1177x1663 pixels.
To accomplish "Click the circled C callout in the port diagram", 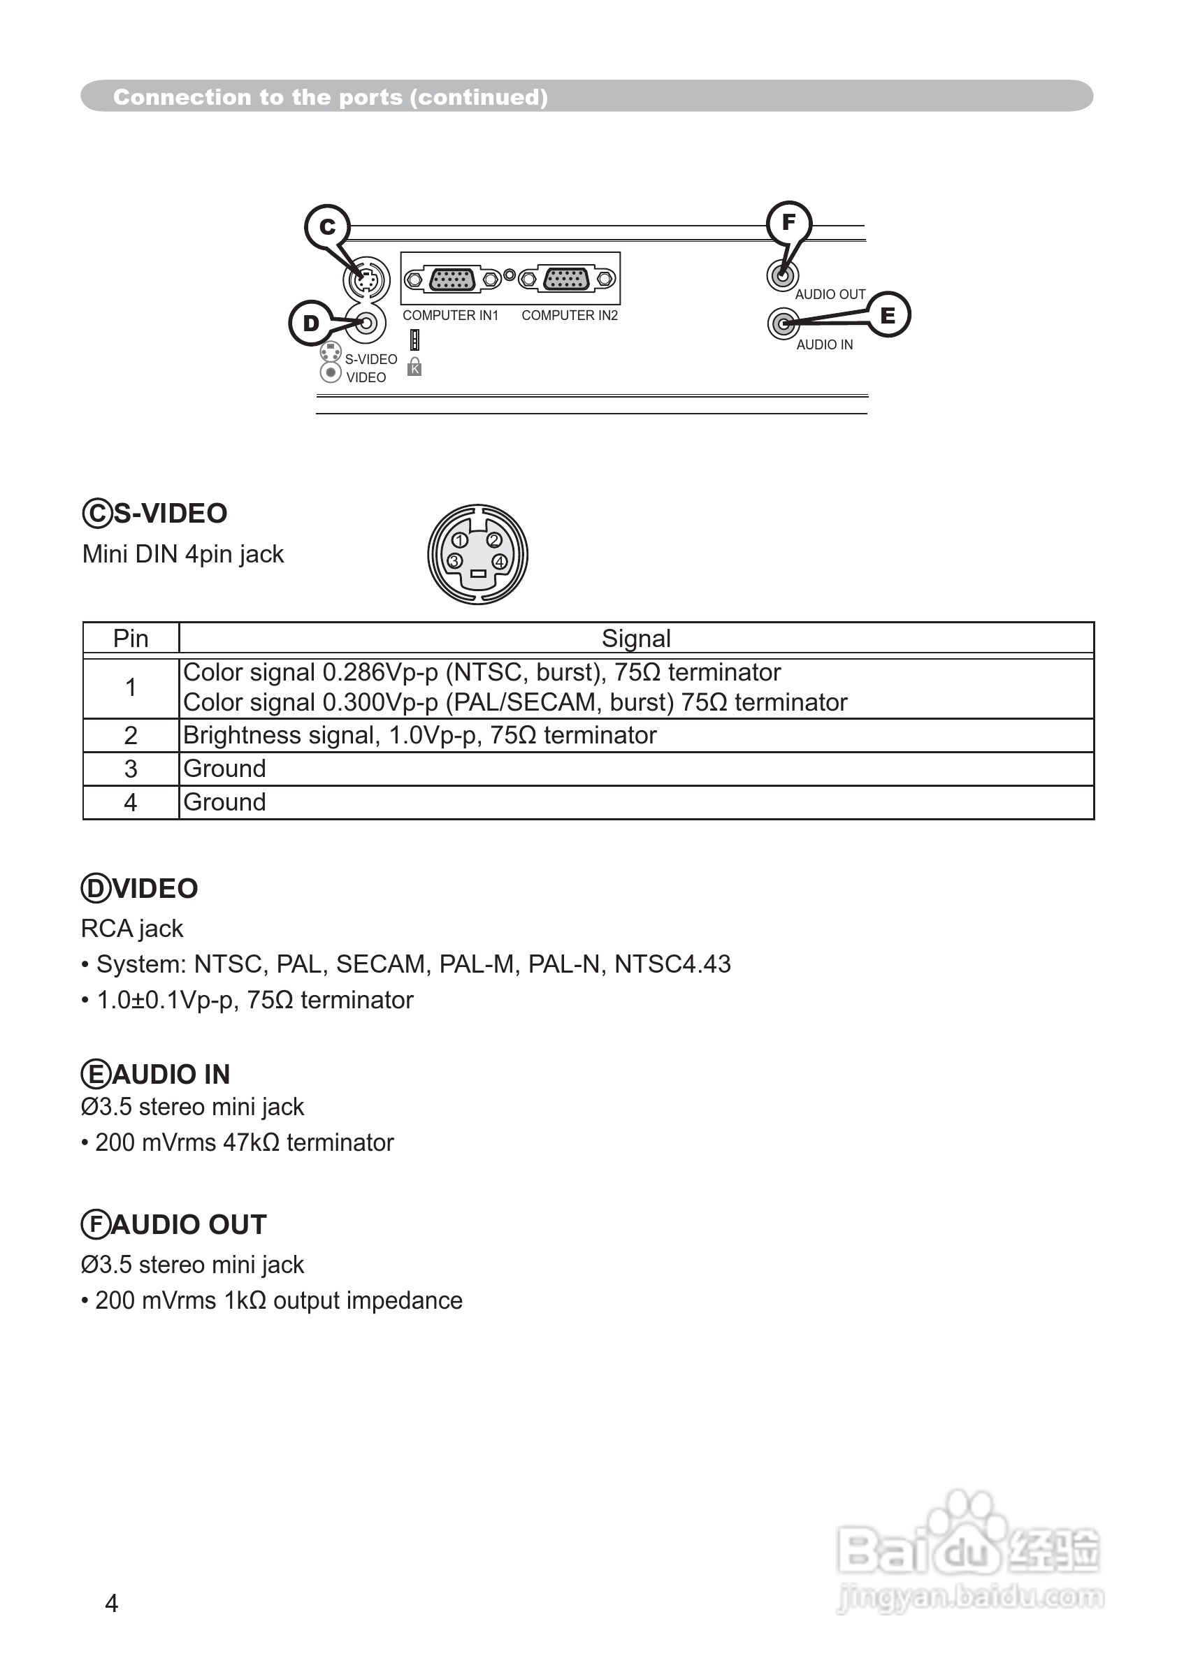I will point(328,227).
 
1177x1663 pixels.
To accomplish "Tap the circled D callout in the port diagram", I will point(311,324).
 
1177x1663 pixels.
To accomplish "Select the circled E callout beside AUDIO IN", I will point(888,315).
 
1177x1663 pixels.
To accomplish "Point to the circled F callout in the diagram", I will point(788,222).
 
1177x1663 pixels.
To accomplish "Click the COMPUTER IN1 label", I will point(451,316).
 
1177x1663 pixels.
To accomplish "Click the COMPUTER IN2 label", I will point(570,316).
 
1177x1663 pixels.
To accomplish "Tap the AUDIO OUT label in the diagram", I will point(830,295).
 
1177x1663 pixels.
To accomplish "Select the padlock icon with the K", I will point(414,367).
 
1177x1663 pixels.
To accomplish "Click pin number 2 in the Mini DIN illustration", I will point(494,541).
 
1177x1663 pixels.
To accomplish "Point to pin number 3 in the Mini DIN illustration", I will point(454,562).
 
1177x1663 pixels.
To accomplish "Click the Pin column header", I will point(131,639).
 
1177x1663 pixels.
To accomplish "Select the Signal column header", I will point(635,639).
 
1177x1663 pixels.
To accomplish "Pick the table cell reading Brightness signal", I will point(419,736).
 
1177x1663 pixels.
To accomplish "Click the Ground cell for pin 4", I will point(224,802).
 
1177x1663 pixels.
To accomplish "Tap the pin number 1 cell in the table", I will point(131,687).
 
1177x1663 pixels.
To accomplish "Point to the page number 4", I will point(112,1604).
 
